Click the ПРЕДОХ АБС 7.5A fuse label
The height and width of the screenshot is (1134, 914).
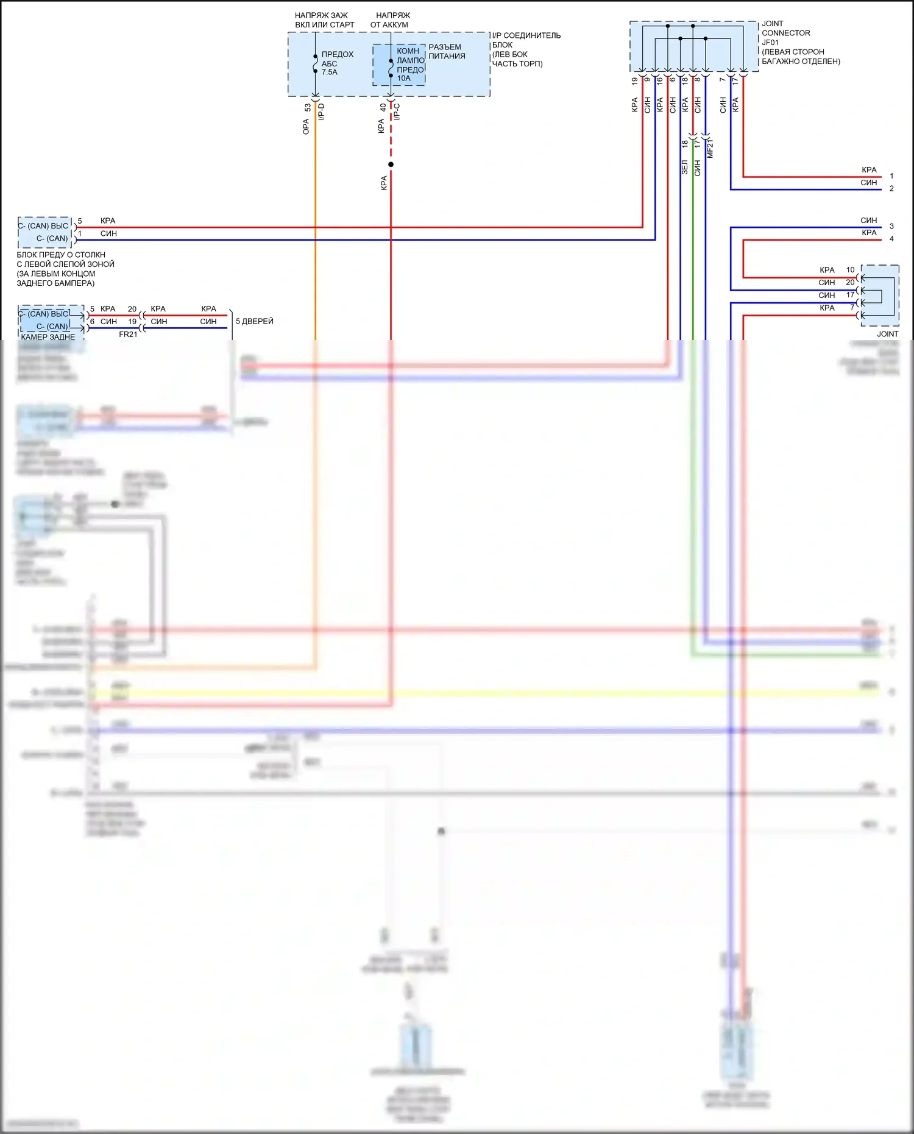coord(337,63)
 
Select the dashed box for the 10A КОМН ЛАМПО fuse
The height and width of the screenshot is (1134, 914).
coord(399,65)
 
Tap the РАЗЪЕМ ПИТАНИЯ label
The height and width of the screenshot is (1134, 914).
coord(447,51)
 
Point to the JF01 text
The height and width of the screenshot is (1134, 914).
coord(770,43)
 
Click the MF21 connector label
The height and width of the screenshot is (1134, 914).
coord(710,149)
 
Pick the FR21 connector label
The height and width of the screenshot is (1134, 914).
coord(128,335)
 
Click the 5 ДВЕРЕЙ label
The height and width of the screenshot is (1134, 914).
coord(255,321)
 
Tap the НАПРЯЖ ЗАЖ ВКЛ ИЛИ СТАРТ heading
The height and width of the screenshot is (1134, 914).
coord(324,19)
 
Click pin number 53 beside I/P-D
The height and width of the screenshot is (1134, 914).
coord(308,107)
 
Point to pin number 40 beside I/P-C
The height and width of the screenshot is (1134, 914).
coord(383,107)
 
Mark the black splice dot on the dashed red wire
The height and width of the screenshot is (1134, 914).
coord(391,165)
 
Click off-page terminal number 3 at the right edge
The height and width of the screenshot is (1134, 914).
coord(891,226)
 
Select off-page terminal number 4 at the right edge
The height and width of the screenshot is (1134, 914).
coord(891,239)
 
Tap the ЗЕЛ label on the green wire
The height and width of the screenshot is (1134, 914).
coord(684,167)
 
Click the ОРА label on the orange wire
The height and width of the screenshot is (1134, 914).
coord(306,126)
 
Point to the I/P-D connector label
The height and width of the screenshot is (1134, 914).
coord(321,112)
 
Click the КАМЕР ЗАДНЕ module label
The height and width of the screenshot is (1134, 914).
coord(48,337)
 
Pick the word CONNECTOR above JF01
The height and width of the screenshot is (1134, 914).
coord(786,33)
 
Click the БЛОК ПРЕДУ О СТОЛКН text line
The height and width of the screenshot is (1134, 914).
coord(61,255)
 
